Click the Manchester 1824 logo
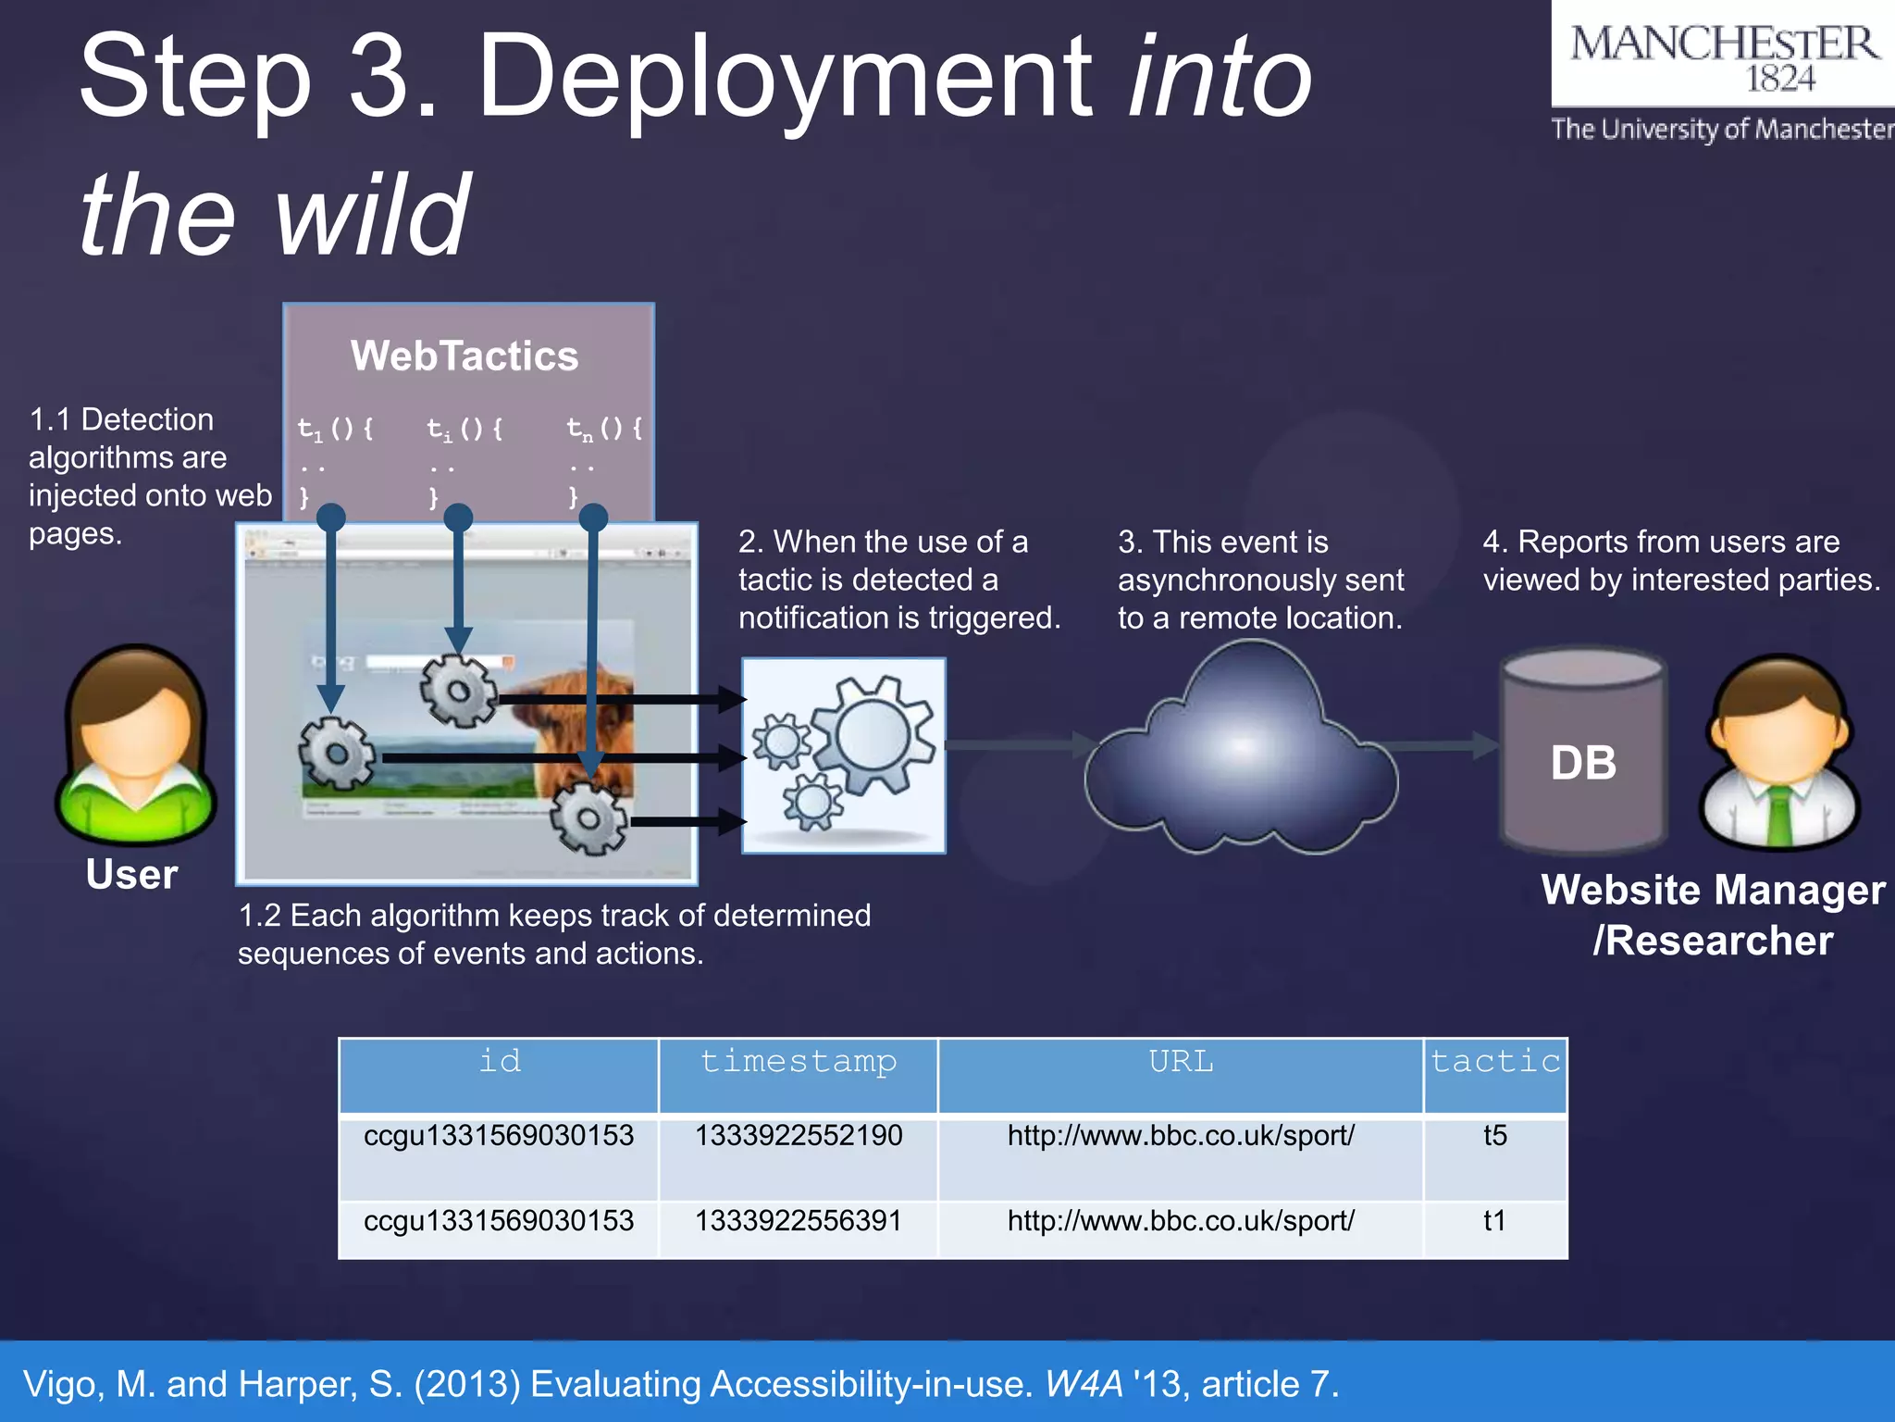pos(1723,57)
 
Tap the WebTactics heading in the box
pos(464,356)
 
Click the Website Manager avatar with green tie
pos(1778,752)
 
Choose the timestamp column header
pos(799,1062)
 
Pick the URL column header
pos(1181,1062)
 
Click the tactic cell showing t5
pos(1494,1136)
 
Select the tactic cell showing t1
pos(1494,1221)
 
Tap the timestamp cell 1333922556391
pos(799,1221)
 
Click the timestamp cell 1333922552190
pos(799,1136)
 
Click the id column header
pos(500,1062)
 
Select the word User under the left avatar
pos(131,875)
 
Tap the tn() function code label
pos(604,429)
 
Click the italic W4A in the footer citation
pos(1084,1384)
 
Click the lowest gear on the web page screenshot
pos(588,817)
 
